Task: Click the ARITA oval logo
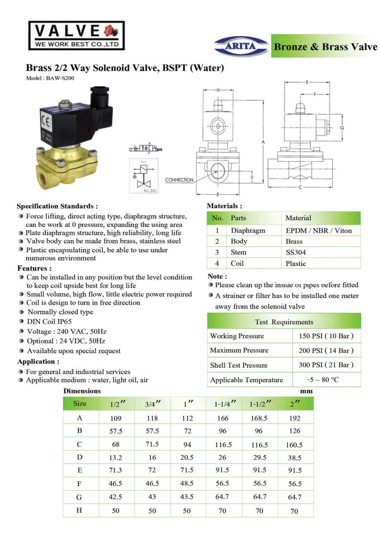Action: (x=241, y=46)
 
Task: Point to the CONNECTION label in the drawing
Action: (x=180, y=180)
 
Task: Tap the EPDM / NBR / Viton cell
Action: (x=319, y=230)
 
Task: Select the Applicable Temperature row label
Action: (x=246, y=380)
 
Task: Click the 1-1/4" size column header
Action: (x=224, y=403)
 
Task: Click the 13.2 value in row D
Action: (x=115, y=457)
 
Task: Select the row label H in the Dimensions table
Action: (x=80, y=510)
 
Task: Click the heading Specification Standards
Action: (x=57, y=206)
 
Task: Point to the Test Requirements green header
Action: (x=284, y=322)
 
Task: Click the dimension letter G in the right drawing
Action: (x=342, y=128)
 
